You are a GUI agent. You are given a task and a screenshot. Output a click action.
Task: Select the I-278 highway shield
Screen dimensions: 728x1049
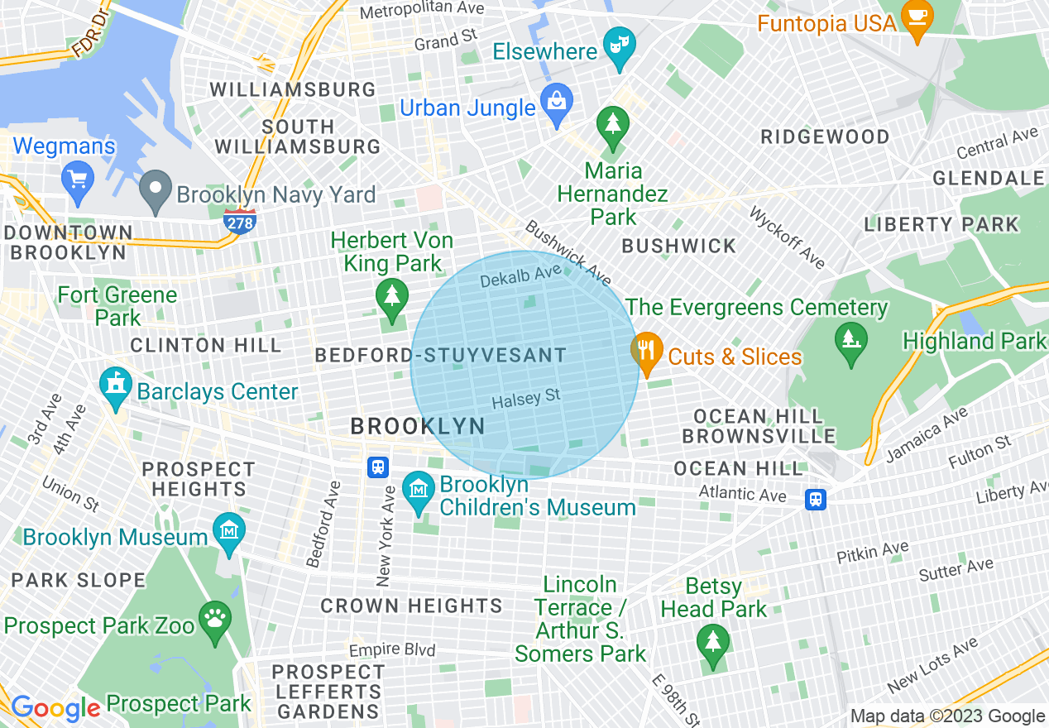pos(239,220)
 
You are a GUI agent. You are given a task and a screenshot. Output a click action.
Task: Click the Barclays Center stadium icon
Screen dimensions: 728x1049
pos(115,386)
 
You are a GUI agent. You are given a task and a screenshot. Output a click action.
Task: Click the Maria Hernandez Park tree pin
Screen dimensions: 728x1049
pos(613,125)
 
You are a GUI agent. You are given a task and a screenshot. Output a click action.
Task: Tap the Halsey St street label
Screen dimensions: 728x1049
pos(526,399)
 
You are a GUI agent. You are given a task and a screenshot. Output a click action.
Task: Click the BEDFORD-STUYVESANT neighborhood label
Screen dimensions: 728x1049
pos(441,357)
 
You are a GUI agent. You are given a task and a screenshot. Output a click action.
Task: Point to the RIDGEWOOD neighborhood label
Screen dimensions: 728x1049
pos(825,136)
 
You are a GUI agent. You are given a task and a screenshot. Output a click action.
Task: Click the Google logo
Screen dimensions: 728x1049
pos(55,708)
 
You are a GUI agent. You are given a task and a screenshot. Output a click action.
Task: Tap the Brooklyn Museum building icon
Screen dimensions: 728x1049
pos(228,531)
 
